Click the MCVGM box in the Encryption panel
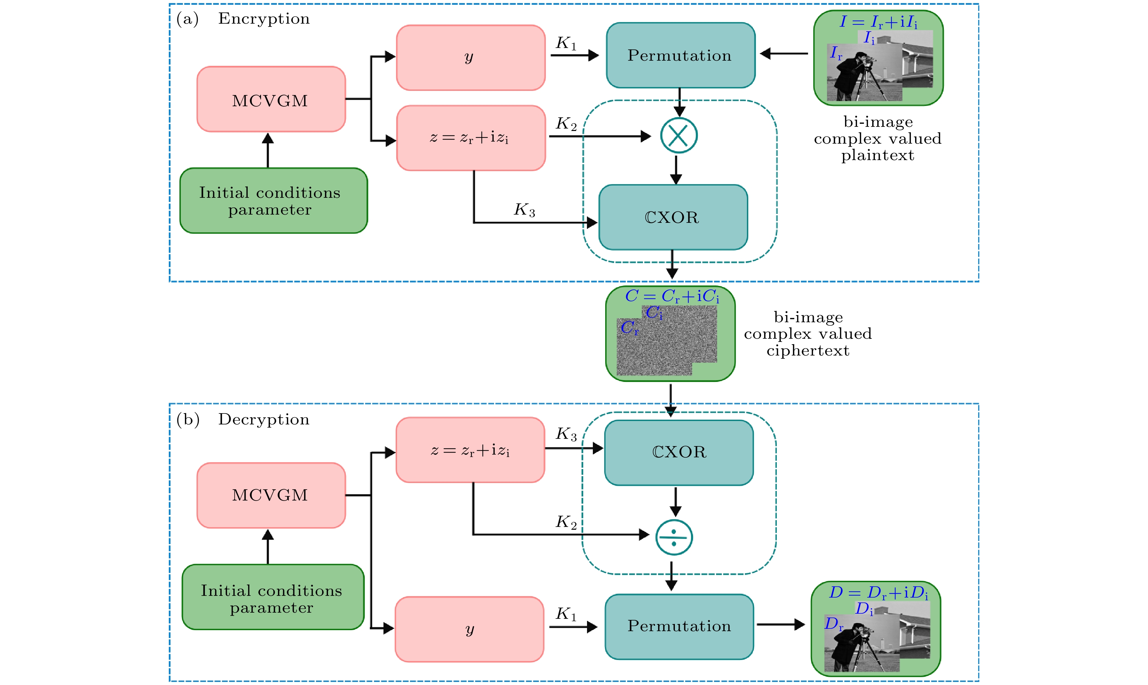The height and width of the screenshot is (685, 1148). (x=271, y=99)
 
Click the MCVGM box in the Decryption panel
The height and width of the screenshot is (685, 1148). (x=271, y=495)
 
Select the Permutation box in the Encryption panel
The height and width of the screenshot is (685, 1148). (x=680, y=56)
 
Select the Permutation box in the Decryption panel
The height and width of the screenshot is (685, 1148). (x=679, y=626)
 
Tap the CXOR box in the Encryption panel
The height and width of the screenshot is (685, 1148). (x=673, y=217)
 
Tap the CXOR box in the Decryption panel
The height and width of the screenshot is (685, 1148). (x=679, y=452)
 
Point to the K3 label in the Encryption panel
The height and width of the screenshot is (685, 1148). (x=525, y=209)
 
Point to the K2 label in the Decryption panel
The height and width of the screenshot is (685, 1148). (x=566, y=522)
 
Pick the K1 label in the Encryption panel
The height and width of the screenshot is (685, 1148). (x=566, y=44)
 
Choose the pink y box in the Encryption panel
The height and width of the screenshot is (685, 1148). (x=471, y=58)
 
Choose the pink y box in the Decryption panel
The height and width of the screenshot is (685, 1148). (x=469, y=629)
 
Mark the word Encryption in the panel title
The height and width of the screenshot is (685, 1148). (x=264, y=19)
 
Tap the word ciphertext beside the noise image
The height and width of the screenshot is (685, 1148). (x=808, y=351)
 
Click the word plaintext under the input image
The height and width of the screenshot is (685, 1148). (x=877, y=156)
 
